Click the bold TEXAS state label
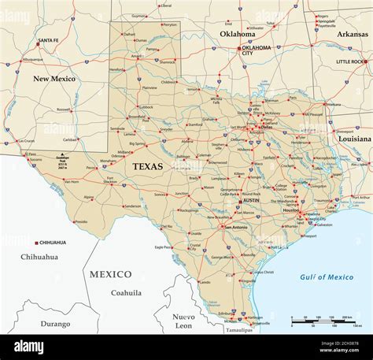(x=149, y=166)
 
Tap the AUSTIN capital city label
(x=248, y=202)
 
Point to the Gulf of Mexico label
(x=327, y=277)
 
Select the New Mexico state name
(x=53, y=79)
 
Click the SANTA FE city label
(x=49, y=40)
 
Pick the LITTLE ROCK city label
(x=350, y=61)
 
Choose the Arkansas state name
(x=352, y=34)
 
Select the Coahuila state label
(x=125, y=292)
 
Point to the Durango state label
(x=55, y=324)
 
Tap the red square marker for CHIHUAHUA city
(x=36, y=243)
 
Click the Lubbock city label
(x=146, y=106)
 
